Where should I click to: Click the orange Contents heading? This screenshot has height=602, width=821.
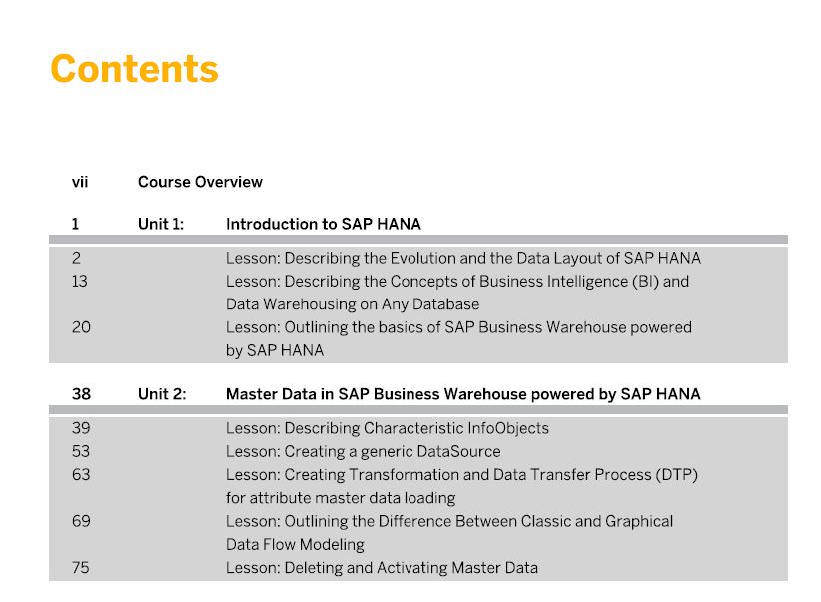point(134,69)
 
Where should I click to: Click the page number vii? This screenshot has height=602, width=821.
point(80,182)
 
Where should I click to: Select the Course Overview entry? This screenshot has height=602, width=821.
point(200,182)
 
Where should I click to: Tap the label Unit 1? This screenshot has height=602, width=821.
point(161,224)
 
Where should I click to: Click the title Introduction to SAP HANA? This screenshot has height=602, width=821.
point(323,224)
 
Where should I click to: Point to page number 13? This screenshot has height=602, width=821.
point(80,282)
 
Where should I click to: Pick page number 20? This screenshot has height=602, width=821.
point(81,327)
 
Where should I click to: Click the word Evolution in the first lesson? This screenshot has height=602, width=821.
point(423,259)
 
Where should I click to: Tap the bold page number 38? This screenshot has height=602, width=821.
point(81,394)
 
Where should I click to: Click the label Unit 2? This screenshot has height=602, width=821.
point(162,394)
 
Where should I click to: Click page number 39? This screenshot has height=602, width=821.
point(81,428)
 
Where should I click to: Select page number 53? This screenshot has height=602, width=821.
point(81,451)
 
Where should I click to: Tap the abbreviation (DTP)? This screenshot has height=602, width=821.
point(677,475)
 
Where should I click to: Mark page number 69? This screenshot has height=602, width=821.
point(81,521)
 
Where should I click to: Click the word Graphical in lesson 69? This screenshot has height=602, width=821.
point(639,522)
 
